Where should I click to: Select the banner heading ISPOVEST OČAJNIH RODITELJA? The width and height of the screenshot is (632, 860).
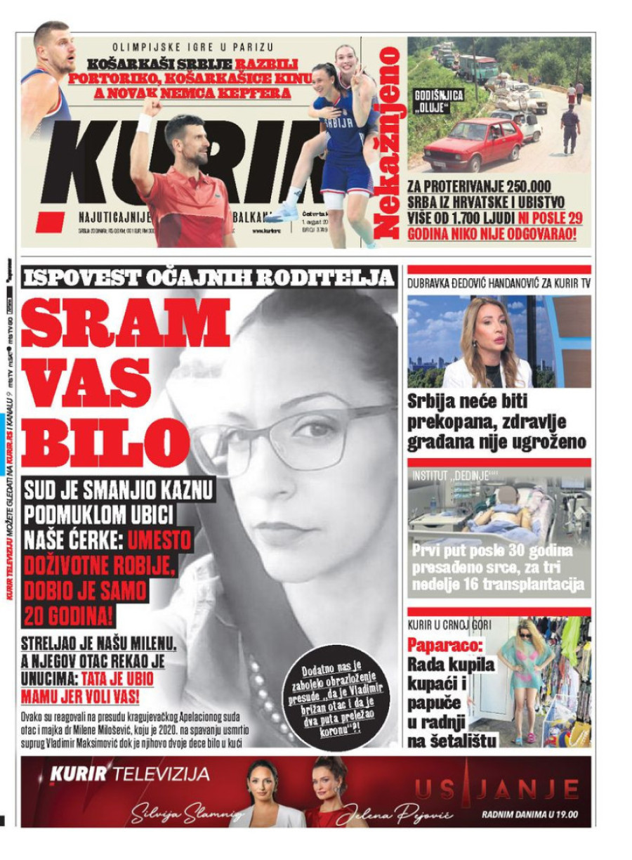click(x=209, y=278)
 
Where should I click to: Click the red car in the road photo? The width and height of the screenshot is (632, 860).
click(x=473, y=143)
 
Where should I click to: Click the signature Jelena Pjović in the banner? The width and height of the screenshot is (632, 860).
click(x=393, y=814)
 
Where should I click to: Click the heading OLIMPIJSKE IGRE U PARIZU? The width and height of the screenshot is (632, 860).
click(x=193, y=47)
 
